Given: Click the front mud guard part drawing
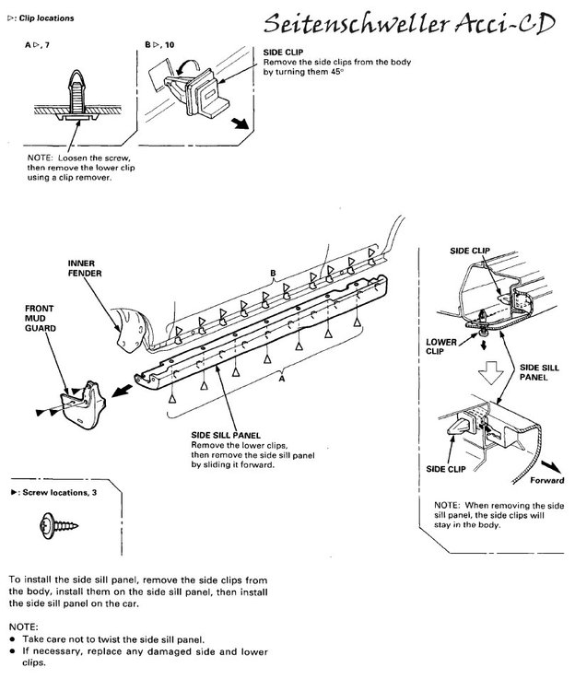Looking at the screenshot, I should (86, 399).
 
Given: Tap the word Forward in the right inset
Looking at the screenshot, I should (546, 480).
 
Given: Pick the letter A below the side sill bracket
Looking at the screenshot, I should (280, 377).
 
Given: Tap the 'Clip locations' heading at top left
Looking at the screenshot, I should (40, 18).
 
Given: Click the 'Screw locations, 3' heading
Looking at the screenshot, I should (51, 495).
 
